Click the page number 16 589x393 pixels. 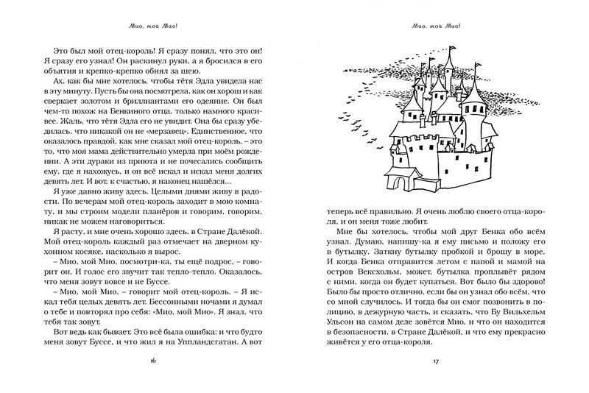tap(153, 361)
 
